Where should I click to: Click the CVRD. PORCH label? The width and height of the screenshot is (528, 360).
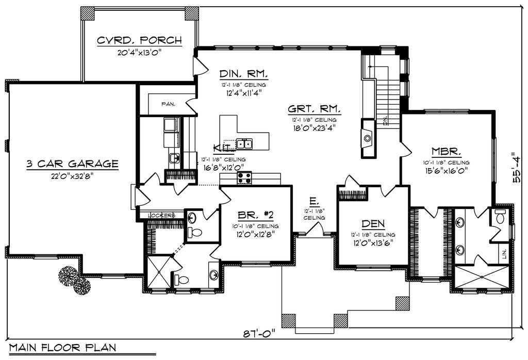click(139, 41)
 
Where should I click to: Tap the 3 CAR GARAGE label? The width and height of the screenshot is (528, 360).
click(72, 164)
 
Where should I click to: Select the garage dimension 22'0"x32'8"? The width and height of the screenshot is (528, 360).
click(72, 175)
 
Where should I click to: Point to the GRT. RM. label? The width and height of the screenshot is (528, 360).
click(313, 109)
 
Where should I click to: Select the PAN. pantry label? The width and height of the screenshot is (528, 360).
click(168, 104)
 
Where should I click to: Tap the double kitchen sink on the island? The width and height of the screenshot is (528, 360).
click(244, 143)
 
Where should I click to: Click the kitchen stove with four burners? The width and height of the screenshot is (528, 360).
click(244, 178)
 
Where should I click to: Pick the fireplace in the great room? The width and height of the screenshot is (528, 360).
click(368, 138)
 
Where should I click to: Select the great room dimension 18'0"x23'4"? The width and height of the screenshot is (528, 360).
click(313, 129)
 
